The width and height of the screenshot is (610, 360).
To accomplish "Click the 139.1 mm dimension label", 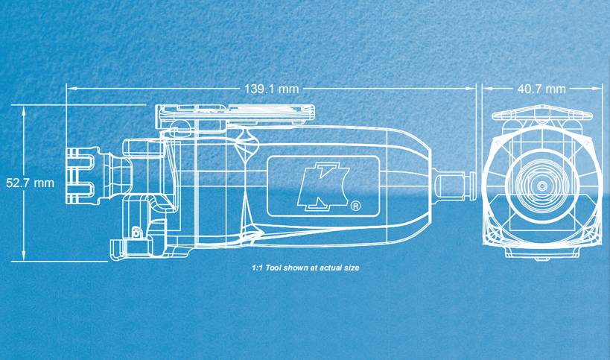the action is click(272, 89).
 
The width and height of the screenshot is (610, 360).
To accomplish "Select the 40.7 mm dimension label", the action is click(541, 89).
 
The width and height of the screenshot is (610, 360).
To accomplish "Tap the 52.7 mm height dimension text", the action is click(30, 183).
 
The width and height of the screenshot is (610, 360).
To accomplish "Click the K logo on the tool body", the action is click(323, 186).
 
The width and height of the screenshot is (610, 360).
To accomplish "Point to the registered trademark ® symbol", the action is click(355, 206).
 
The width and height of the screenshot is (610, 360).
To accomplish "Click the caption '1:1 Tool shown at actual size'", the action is click(305, 268).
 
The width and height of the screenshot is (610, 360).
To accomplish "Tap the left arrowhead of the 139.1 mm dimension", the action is click(72, 89).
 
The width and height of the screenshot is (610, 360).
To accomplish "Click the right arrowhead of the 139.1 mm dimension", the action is click(471, 89).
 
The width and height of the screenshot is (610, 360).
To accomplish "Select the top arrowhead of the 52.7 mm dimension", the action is click(24, 110).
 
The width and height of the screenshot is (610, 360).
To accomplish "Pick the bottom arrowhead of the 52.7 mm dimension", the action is click(24, 256).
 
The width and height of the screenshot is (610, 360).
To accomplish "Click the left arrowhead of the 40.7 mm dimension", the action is click(487, 89).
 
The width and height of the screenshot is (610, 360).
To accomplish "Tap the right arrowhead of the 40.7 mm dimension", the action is click(597, 89).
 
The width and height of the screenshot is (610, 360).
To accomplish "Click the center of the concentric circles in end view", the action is click(542, 186).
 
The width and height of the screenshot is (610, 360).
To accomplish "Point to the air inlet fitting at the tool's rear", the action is click(454, 186).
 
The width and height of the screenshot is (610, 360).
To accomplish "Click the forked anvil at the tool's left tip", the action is click(80, 175).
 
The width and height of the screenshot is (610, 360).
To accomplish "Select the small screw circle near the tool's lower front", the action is click(136, 233).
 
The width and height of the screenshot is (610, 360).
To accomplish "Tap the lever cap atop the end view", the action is click(542, 113).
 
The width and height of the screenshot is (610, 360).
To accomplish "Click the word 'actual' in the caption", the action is click(320, 268).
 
